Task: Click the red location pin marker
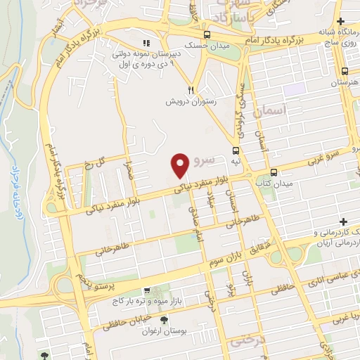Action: [x=180, y=165]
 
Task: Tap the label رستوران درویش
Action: [x=193, y=101]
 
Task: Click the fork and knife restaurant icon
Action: [x=191, y=90]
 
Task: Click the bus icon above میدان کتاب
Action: [x=274, y=172]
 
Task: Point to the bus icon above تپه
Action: [x=235, y=150]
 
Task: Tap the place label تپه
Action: [x=236, y=160]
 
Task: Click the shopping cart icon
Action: [x=146, y=290]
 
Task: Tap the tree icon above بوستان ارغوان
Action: [x=165, y=321]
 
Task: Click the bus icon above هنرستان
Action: [x=345, y=71]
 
